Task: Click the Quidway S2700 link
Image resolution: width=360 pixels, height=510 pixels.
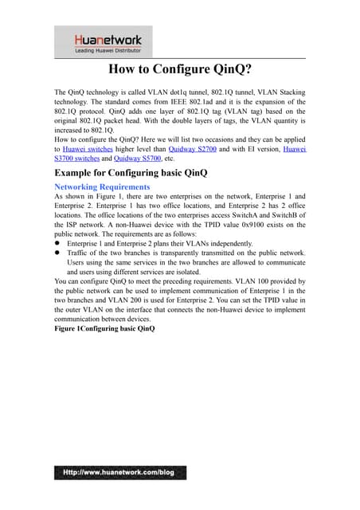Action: (x=194, y=148)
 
